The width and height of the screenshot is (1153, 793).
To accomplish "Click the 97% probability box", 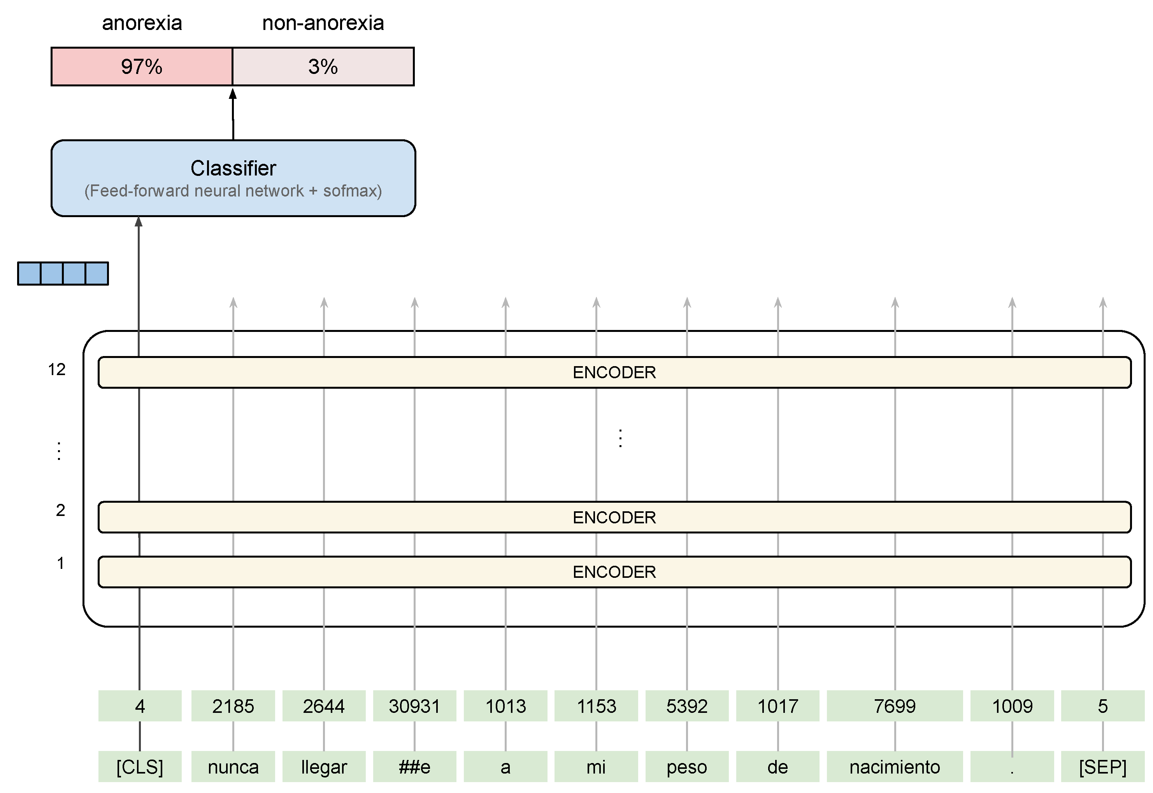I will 142,67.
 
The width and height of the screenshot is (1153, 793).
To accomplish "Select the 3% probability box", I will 323,67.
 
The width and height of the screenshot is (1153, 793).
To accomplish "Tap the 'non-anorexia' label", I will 323,23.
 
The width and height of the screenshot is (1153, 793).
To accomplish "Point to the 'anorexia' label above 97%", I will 142,23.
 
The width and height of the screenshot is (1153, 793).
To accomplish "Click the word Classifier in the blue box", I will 233,168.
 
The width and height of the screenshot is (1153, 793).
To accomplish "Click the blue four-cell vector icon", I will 63,273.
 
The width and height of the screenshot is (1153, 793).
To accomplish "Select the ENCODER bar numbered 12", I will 614,372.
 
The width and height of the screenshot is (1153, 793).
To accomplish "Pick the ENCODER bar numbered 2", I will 614,517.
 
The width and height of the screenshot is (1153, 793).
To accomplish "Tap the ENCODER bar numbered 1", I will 614,572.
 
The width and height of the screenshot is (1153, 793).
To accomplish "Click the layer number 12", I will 57,369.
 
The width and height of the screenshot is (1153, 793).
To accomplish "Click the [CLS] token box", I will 140,767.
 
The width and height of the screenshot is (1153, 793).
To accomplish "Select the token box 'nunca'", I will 233,767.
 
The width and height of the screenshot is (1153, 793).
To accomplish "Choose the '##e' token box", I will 414,767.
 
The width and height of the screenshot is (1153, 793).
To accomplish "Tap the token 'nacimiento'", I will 894,767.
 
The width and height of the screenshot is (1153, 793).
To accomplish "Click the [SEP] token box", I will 1102,767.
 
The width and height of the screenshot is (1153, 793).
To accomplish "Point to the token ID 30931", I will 414,705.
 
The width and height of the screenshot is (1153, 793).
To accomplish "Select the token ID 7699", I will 894,705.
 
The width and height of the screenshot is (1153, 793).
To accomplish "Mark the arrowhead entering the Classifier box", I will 139,222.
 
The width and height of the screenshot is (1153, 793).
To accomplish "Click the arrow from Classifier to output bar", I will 233,114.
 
